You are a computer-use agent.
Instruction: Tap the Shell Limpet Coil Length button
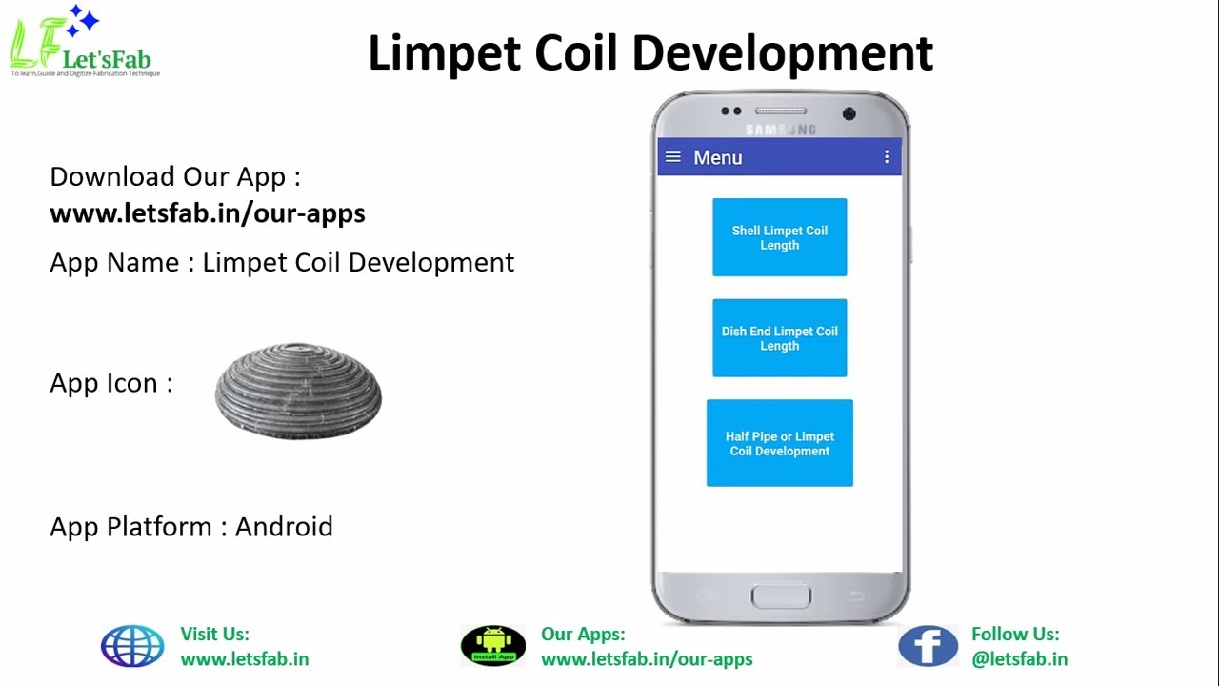click(x=779, y=237)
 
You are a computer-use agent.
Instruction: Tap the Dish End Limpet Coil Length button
click(x=779, y=338)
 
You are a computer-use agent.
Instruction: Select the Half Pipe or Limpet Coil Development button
click(x=779, y=443)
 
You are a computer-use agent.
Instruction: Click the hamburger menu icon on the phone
click(x=673, y=157)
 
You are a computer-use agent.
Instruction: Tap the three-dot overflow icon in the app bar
click(x=887, y=157)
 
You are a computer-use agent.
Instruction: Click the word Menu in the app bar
click(x=717, y=158)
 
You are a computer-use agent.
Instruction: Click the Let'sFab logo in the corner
click(x=83, y=43)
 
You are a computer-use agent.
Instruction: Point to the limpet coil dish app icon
click(x=298, y=391)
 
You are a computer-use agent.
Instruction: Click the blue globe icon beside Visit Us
click(x=132, y=646)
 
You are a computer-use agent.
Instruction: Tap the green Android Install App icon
click(x=492, y=646)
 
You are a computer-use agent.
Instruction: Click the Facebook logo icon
click(x=928, y=646)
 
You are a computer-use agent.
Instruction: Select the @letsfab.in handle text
click(x=1019, y=659)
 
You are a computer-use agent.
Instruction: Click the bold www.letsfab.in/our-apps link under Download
click(x=208, y=213)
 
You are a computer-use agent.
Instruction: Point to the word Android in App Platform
click(x=284, y=527)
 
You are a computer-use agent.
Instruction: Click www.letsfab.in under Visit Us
click(x=244, y=659)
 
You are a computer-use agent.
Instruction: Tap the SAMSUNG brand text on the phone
click(x=780, y=130)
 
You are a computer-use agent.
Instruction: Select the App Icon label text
click(x=111, y=383)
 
